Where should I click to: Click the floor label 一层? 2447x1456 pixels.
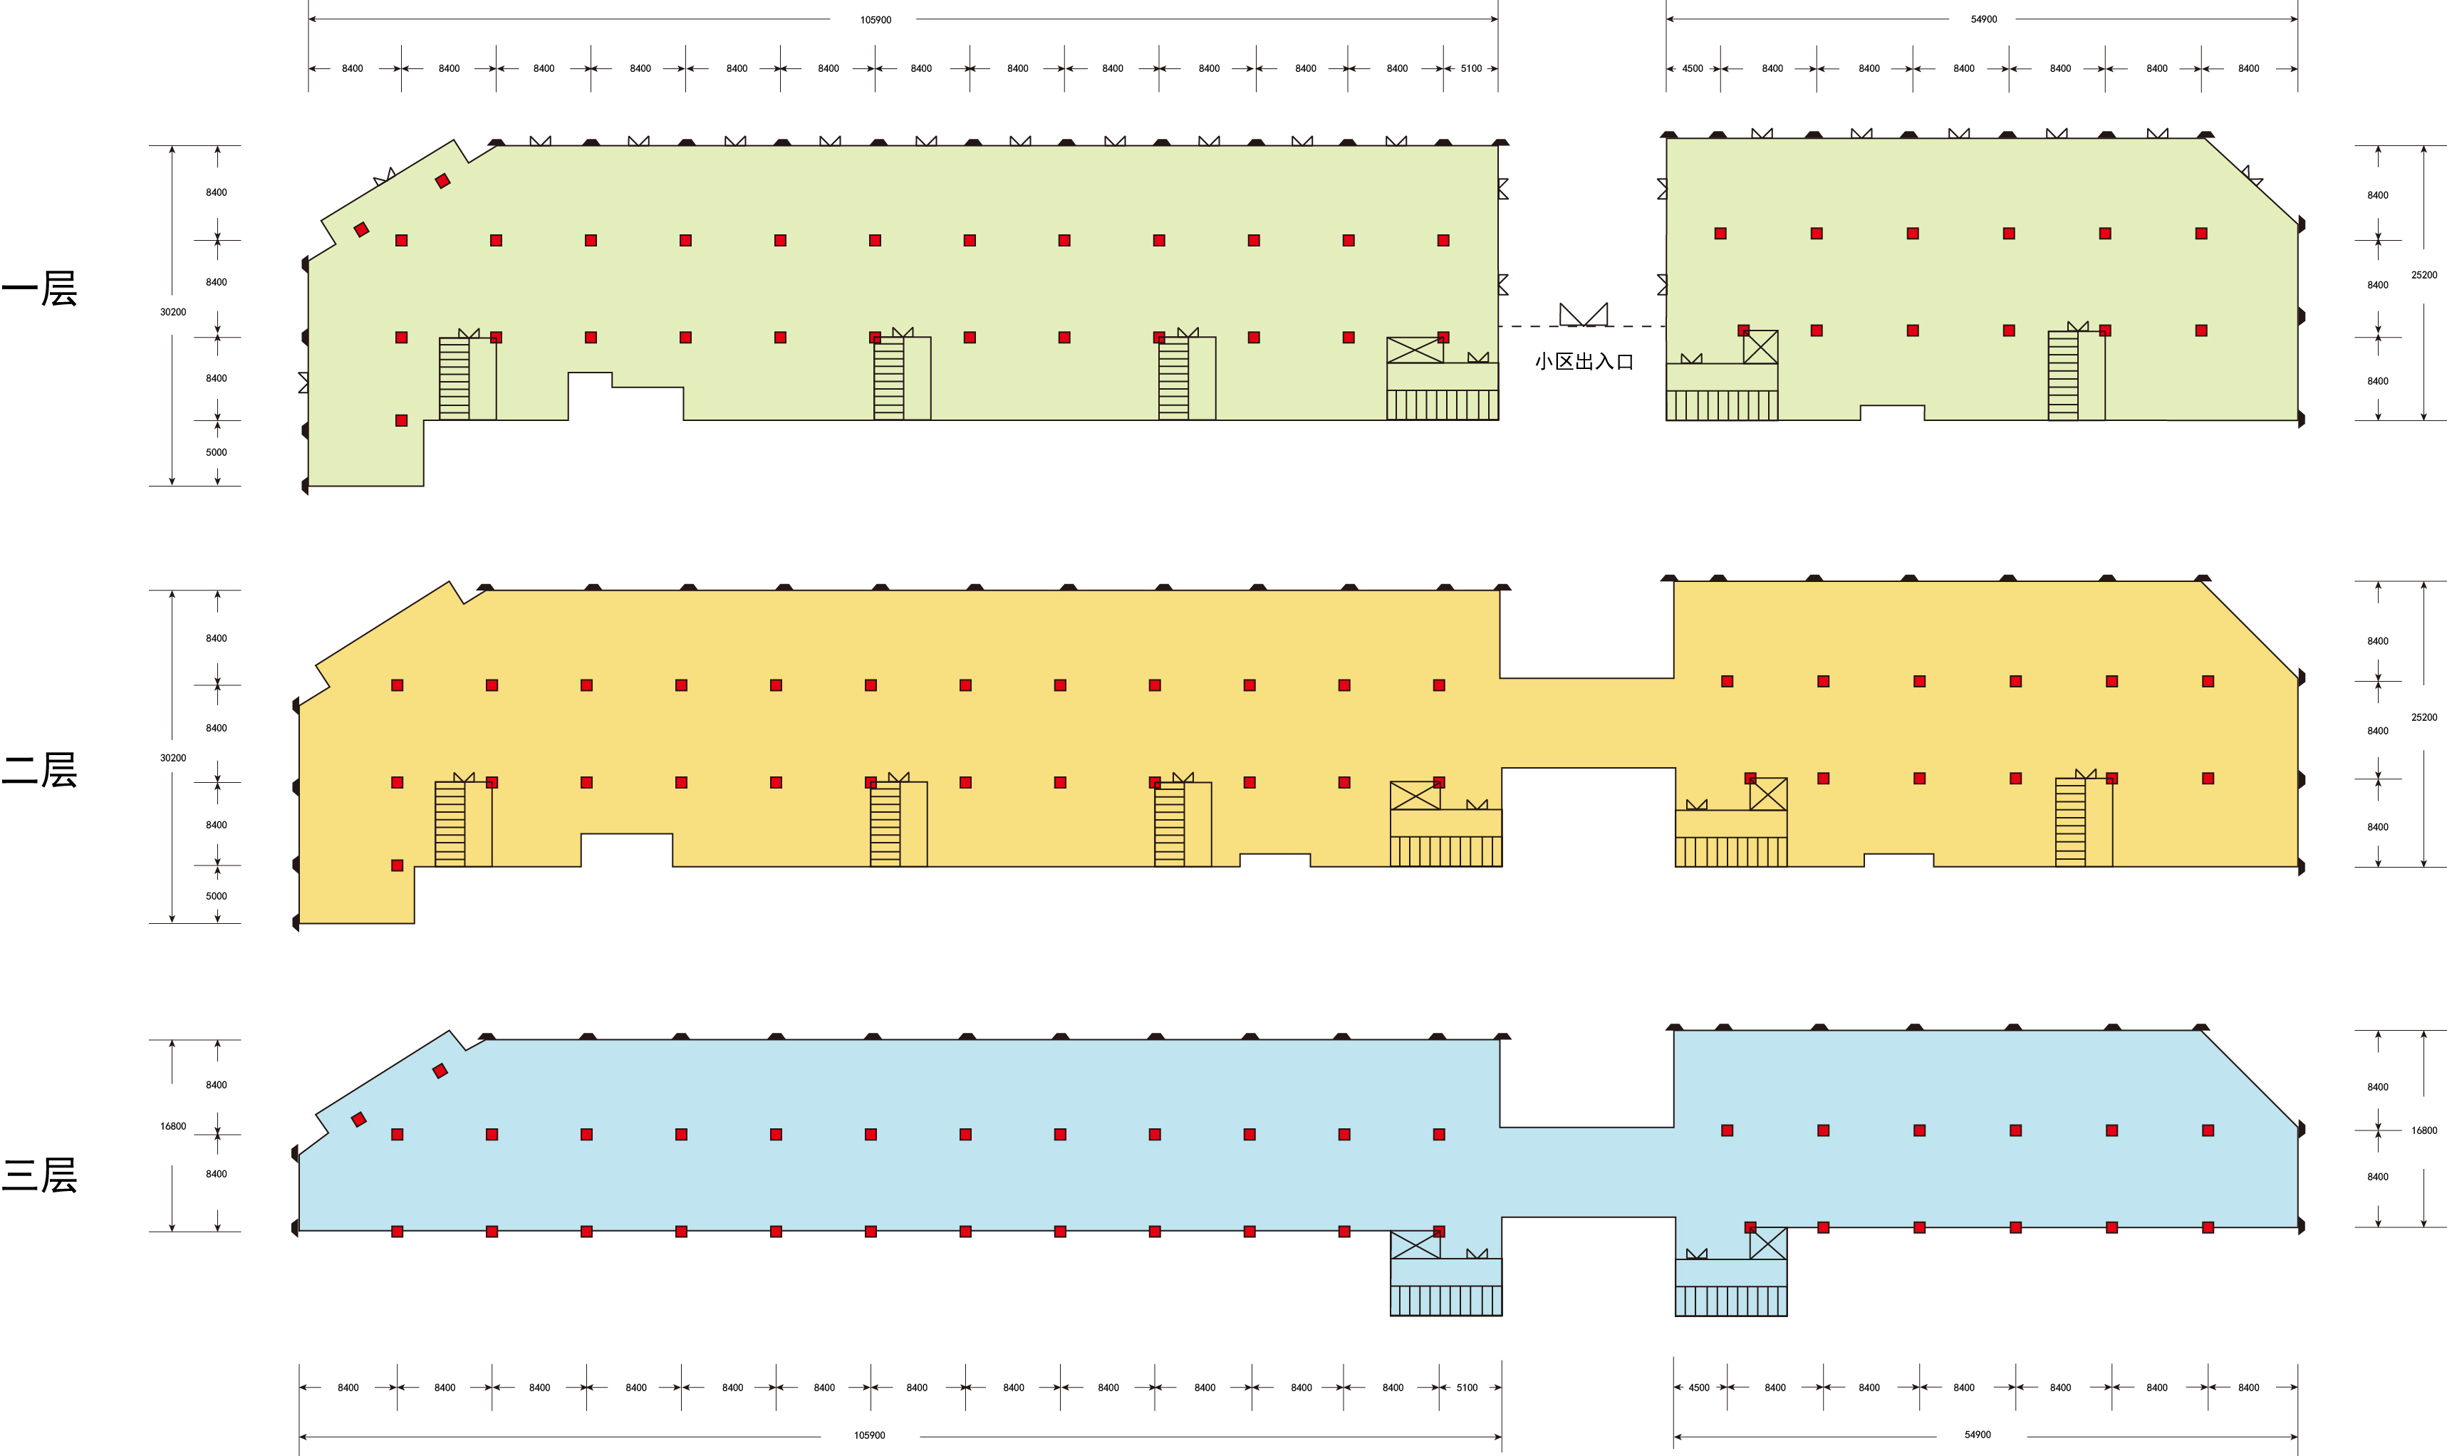point(39,288)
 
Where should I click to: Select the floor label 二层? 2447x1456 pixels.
point(39,770)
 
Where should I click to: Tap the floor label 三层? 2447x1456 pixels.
point(39,1175)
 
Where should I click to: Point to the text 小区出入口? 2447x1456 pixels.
point(1584,362)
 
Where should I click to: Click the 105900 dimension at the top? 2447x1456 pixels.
point(876,20)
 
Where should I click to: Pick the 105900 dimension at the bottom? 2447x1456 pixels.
point(869,1435)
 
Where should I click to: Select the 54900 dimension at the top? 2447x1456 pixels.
point(1984,20)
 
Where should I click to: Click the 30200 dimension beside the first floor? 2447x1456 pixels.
point(172,312)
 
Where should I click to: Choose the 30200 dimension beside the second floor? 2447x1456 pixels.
point(172,757)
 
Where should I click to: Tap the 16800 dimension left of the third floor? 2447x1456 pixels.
point(172,1126)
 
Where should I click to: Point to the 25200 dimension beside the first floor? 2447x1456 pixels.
point(2424,275)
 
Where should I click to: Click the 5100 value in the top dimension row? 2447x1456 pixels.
point(1471,68)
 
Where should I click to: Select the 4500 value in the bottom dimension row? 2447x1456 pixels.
point(1698,1388)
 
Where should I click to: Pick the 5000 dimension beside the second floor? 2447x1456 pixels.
point(216,896)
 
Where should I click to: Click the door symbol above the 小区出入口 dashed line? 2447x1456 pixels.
point(1584,314)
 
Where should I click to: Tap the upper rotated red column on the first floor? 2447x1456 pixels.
point(442,180)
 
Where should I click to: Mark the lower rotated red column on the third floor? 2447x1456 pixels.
point(359,1120)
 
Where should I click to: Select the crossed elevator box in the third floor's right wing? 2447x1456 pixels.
point(1768,1243)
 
